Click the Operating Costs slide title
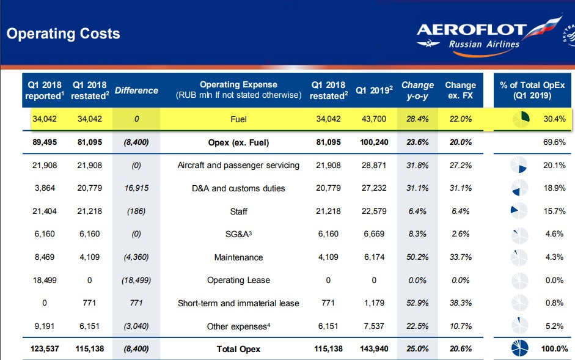click(x=63, y=34)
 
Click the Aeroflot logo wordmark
click(x=472, y=30)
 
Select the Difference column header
click(x=136, y=90)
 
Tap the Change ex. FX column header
click(x=461, y=90)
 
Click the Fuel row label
click(x=238, y=119)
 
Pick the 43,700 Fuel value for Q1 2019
click(x=374, y=119)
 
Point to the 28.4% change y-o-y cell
click(x=417, y=119)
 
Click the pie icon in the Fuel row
click(x=521, y=119)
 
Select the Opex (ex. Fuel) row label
click(x=238, y=142)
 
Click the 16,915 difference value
click(x=136, y=188)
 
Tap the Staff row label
click(x=239, y=211)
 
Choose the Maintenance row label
click(x=238, y=257)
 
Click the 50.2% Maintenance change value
click(x=417, y=257)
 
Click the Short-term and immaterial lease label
click(x=238, y=303)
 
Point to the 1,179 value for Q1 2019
click(x=374, y=303)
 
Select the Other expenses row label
click(x=238, y=326)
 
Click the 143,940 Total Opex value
click(x=374, y=348)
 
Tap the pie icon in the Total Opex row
click(x=519, y=348)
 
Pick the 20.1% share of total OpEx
click(x=554, y=165)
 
